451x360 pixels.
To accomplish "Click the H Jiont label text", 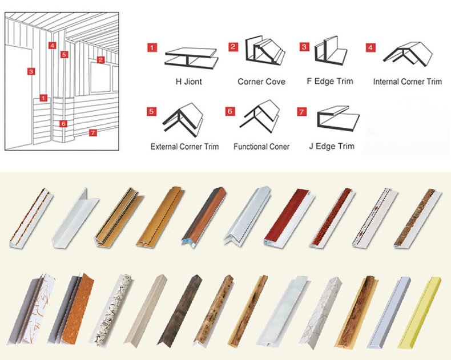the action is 189,82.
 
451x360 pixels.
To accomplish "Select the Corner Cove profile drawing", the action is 265,51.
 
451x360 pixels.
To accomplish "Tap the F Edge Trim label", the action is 330,82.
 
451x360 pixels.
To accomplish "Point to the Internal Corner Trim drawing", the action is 408,55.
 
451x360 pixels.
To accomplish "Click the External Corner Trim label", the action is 184,147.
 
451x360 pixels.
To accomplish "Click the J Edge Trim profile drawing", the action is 338,119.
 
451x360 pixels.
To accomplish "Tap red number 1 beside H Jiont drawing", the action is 152,47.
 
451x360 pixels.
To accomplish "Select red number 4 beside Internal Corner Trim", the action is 371,47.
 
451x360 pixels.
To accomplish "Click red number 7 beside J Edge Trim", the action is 302,112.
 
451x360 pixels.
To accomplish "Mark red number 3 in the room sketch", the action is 31,71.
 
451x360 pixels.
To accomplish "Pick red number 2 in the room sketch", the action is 100,60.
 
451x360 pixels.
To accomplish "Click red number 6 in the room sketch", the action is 63,124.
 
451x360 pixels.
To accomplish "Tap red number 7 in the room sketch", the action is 92,132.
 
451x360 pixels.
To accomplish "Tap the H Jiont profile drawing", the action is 191,59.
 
